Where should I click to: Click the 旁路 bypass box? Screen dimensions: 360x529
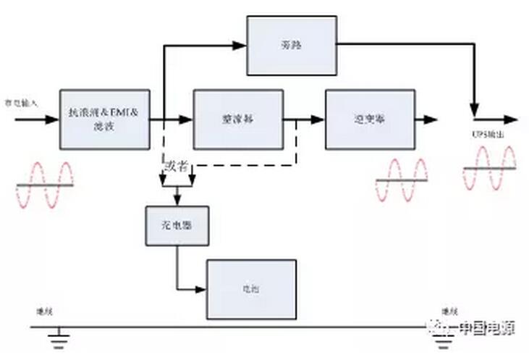pos(292,45)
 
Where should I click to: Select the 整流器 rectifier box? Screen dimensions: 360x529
pos(238,120)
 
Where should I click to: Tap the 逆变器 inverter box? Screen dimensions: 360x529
pos(370,120)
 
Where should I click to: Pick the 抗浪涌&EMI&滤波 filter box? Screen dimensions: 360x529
pos(104,120)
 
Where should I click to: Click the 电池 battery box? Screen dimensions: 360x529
pos(251,289)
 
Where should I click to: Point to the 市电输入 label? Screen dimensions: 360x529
pos(21,104)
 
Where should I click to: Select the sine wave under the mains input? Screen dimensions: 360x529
pos(45,185)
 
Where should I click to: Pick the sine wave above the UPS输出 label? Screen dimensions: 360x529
pos(490,168)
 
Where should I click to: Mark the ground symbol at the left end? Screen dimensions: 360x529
pos(59,336)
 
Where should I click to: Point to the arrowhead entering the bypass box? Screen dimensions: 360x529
pos(241,45)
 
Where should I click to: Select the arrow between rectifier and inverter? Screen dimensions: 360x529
pos(316,120)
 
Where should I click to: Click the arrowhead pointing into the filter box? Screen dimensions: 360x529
pos(52,120)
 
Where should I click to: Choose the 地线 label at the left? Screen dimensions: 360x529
pos(44,311)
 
